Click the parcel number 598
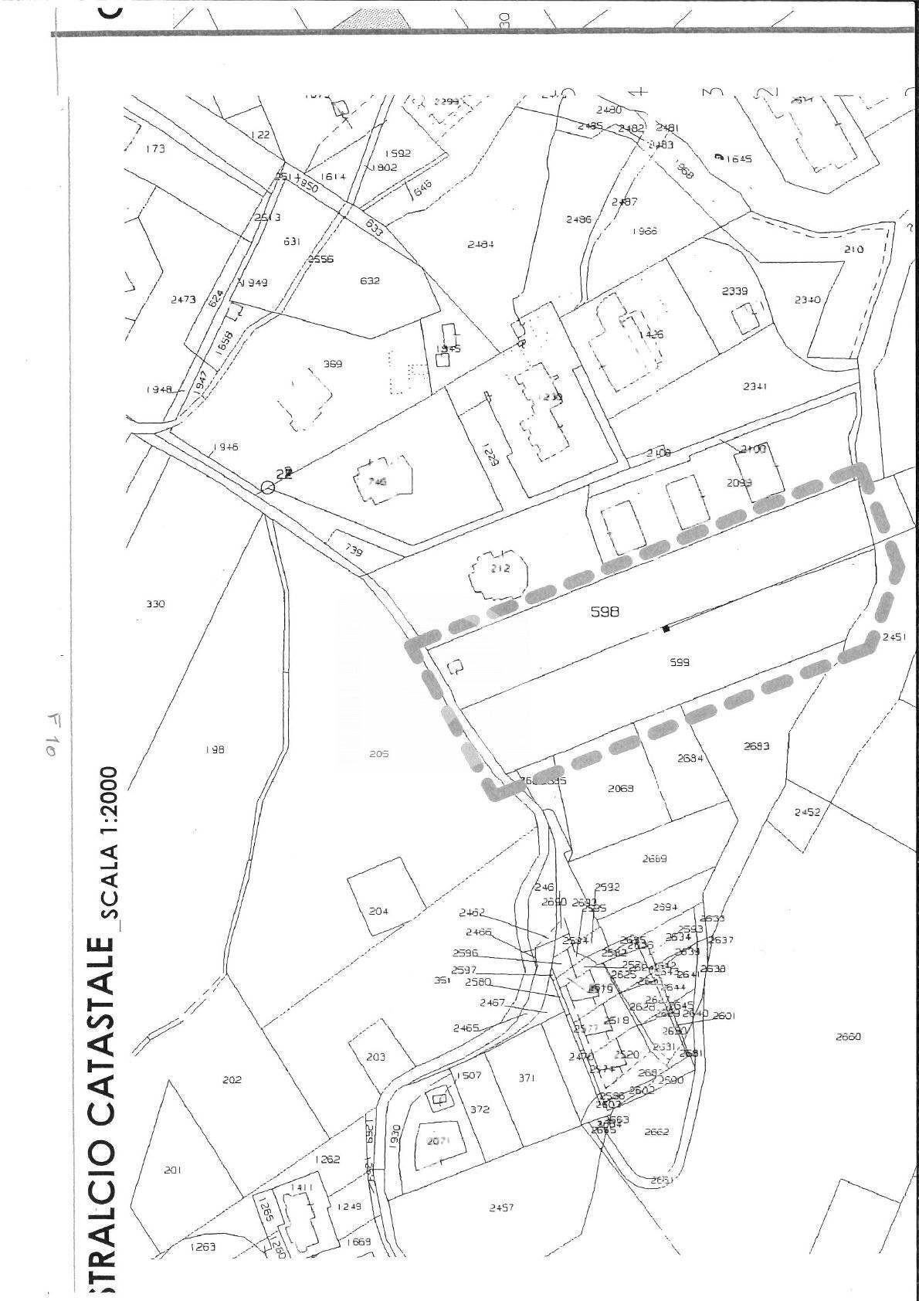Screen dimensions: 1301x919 pyautogui.click(x=605, y=611)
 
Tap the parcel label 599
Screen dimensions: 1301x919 pyautogui.click(x=680, y=662)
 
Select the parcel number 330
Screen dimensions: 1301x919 pyautogui.click(x=155, y=604)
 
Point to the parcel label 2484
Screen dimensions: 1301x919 pyautogui.click(x=480, y=244)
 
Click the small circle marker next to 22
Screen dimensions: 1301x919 pyautogui.click(x=267, y=487)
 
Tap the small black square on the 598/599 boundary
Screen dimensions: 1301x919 pyautogui.click(x=666, y=629)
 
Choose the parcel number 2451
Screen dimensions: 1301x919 pyautogui.click(x=894, y=637)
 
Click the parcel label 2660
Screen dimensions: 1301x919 pyautogui.click(x=848, y=1037)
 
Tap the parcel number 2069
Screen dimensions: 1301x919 pyautogui.click(x=620, y=788)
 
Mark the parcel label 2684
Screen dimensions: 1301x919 pyautogui.click(x=690, y=758)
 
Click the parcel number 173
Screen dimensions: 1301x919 pyautogui.click(x=155, y=148)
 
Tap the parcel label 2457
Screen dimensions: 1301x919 pyautogui.click(x=501, y=1207)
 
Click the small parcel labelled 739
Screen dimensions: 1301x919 pyautogui.click(x=353, y=550)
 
